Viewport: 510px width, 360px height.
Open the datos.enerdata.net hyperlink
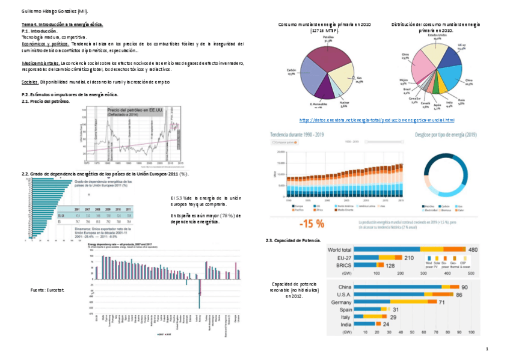point(380,120)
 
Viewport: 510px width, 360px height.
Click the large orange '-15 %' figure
point(312,224)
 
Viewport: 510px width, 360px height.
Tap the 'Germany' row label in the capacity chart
point(342,302)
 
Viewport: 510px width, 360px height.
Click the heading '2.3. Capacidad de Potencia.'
point(296,240)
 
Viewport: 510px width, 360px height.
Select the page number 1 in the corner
point(486,349)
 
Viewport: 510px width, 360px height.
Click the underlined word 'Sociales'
point(29,82)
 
